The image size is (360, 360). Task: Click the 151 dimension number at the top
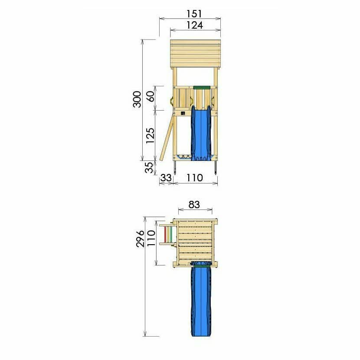(x=194, y=14)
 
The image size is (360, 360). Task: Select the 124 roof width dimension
(x=195, y=25)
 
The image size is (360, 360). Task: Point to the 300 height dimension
(x=137, y=99)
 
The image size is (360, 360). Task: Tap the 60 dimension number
(x=150, y=96)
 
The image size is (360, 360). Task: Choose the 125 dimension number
(x=150, y=135)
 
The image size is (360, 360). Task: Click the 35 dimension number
(x=149, y=167)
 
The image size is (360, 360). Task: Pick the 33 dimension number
(x=166, y=178)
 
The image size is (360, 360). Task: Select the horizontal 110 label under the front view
(x=194, y=178)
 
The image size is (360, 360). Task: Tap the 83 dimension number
(x=194, y=205)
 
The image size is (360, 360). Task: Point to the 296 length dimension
(x=140, y=239)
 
